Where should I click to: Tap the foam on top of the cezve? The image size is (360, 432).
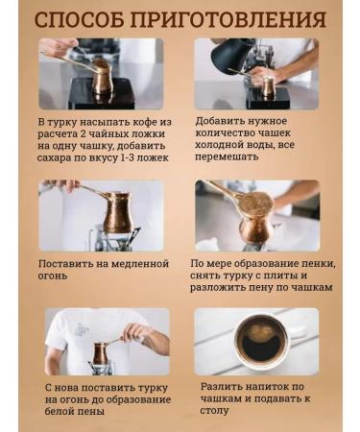tap(255, 203)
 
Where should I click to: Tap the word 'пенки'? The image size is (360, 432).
tap(315, 262)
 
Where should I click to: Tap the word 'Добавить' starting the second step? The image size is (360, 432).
tap(223, 121)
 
